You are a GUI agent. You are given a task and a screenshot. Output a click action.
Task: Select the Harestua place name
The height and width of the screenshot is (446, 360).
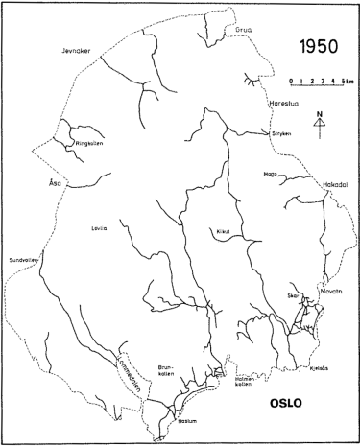click(x=287, y=103)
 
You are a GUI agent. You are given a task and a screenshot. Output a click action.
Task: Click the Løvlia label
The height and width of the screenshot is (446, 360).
click(x=99, y=228)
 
